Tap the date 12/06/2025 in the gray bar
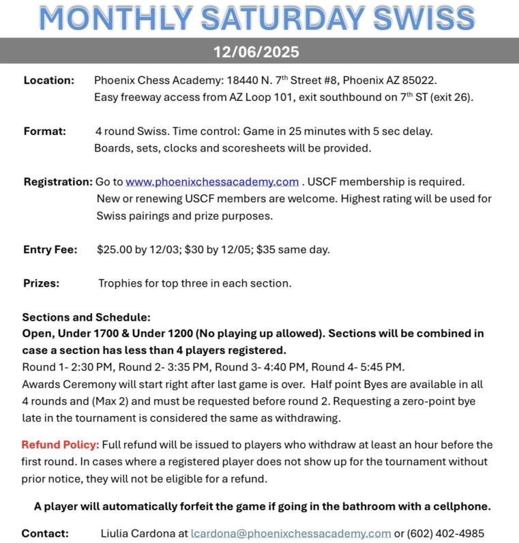pos(256,52)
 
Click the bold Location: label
pos(48,80)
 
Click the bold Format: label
pos(44,131)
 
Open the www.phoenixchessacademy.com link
pos(212,181)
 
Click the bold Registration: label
pos(57,181)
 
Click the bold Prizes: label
pos(41,282)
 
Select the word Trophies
pos(121,282)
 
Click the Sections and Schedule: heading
pos(86,317)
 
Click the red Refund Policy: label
pos(60,445)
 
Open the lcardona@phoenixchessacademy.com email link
pos(291,533)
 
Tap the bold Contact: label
pos(45,533)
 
